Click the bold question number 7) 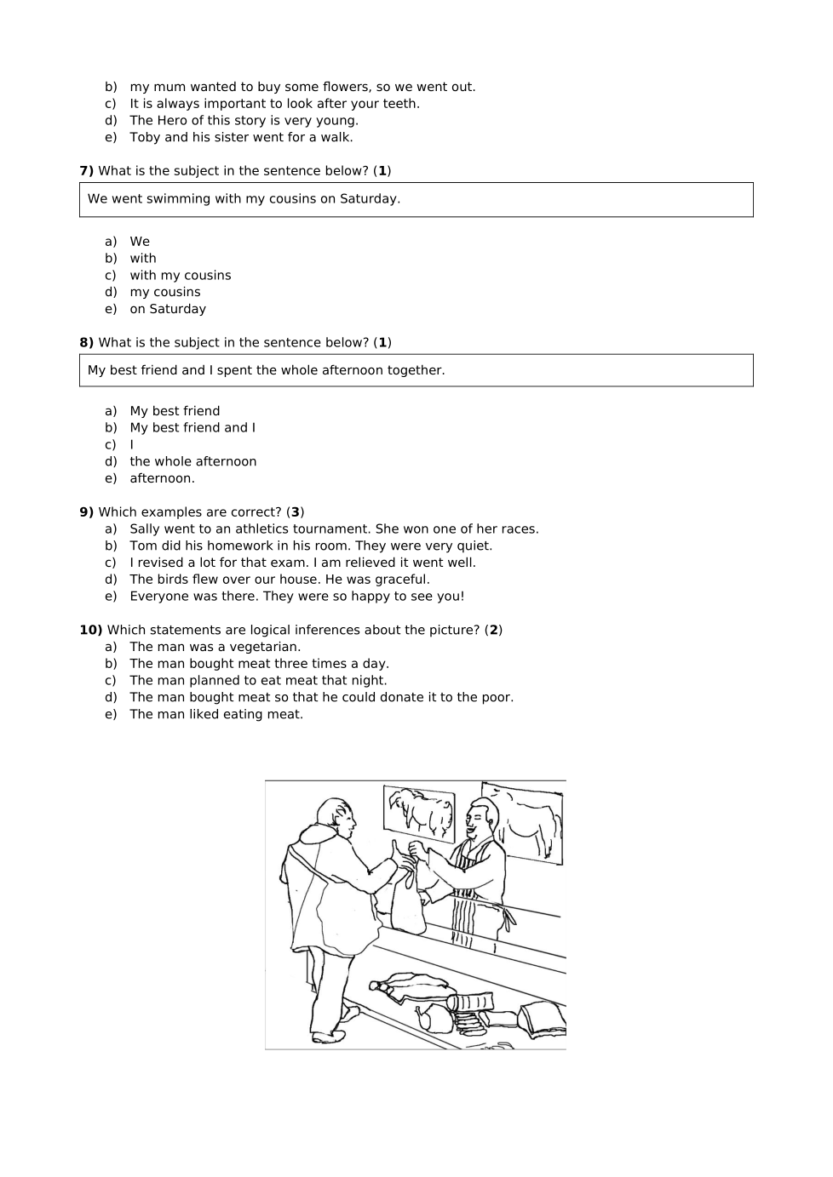tap(87, 171)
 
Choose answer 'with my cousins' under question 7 tap(180, 276)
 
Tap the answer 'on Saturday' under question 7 tap(167, 309)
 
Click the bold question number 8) tap(87, 343)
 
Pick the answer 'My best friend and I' tap(192, 428)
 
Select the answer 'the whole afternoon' tap(192, 462)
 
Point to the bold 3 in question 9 tap(296, 512)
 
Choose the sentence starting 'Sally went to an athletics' tap(334, 529)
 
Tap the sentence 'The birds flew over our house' tap(279, 580)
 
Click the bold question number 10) tap(91, 631)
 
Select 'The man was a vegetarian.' tap(215, 647)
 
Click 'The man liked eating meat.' tap(216, 715)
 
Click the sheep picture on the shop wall tap(419, 809)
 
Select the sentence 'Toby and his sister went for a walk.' tap(241, 138)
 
